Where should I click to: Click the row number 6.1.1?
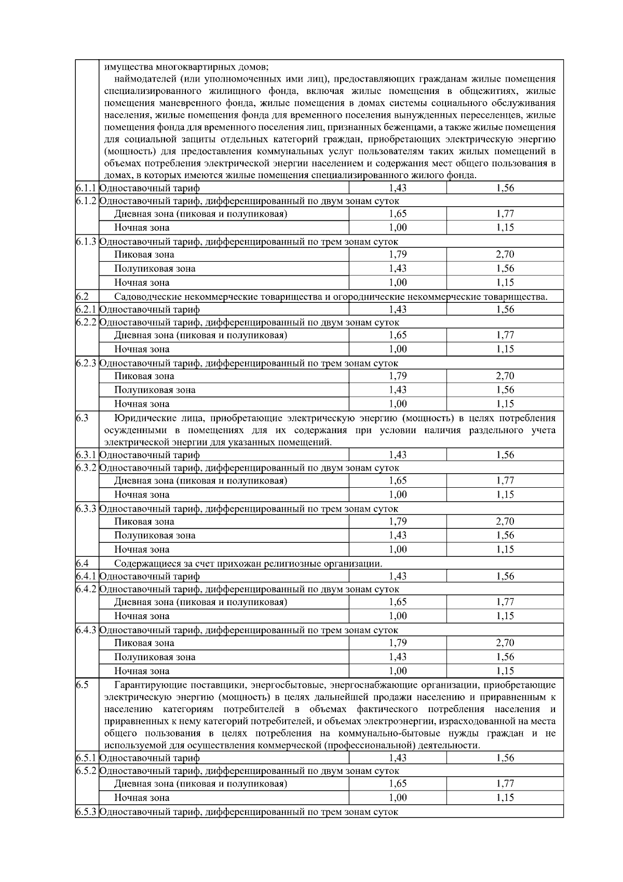tap(86, 188)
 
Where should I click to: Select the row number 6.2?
tap(82, 297)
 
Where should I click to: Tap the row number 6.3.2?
tap(86, 467)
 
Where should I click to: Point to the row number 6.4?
tap(82, 563)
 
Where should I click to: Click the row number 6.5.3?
tap(86, 811)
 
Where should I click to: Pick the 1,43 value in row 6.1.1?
tap(398, 188)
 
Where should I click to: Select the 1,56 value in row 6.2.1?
tap(505, 309)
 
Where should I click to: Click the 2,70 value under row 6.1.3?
tap(505, 254)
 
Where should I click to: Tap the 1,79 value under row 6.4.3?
tap(398, 643)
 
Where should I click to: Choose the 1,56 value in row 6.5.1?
tap(505, 758)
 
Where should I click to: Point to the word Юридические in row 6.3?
tap(141, 418)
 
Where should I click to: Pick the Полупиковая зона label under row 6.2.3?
tap(155, 390)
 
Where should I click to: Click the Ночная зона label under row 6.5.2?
tap(141, 797)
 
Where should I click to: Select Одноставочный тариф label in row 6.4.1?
tap(150, 576)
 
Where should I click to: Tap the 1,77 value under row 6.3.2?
tap(505, 480)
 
